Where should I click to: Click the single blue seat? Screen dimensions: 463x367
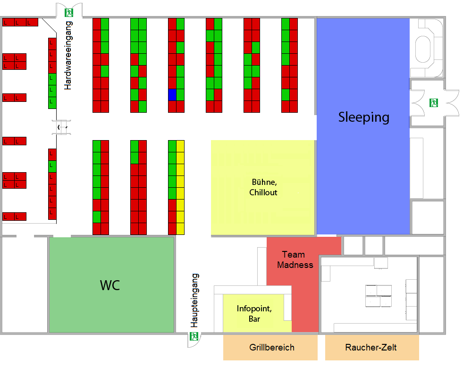172,95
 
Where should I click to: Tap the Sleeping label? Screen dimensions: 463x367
364,117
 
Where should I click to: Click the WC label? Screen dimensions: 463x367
110,285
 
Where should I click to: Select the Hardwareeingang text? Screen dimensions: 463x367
68,55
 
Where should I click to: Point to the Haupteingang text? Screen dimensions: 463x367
194,300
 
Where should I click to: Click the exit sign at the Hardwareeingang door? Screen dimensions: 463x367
69,13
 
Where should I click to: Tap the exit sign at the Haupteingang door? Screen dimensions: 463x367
194,336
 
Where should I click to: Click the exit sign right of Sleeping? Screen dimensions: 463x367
433,103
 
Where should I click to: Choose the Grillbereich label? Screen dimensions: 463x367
272,348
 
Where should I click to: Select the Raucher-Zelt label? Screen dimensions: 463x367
371,348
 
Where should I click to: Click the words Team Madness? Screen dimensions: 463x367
295,259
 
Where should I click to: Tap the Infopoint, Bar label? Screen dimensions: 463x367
254,314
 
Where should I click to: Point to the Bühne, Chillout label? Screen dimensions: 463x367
263,187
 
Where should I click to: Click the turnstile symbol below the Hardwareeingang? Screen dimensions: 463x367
61,127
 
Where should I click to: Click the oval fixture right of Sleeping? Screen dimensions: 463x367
423,49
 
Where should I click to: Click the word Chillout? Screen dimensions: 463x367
263,192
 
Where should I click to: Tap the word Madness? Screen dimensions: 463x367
295,265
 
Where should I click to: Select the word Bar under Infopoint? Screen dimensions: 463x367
254,319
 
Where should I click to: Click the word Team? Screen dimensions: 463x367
293,255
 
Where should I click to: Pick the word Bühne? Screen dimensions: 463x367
264,182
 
